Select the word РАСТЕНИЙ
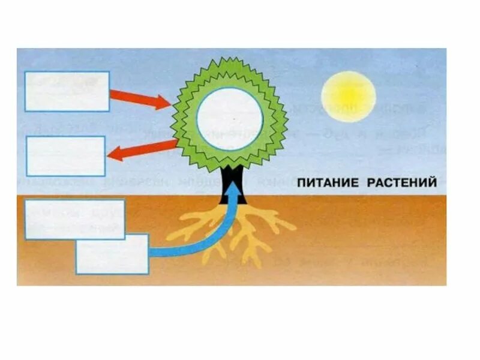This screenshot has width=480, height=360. pyautogui.click(x=402, y=183)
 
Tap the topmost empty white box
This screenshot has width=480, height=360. pyautogui.click(x=67, y=91)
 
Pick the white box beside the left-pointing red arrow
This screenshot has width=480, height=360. pyautogui.click(x=65, y=155)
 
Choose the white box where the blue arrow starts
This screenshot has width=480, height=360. pyautogui.click(x=112, y=253)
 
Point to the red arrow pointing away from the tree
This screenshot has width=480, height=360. pyautogui.click(x=142, y=151)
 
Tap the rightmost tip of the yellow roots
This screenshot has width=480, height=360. pyautogui.click(x=294, y=228)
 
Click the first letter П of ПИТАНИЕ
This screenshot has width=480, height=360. pyautogui.click(x=303, y=183)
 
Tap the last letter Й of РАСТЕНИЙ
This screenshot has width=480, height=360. pyautogui.click(x=432, y=182)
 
